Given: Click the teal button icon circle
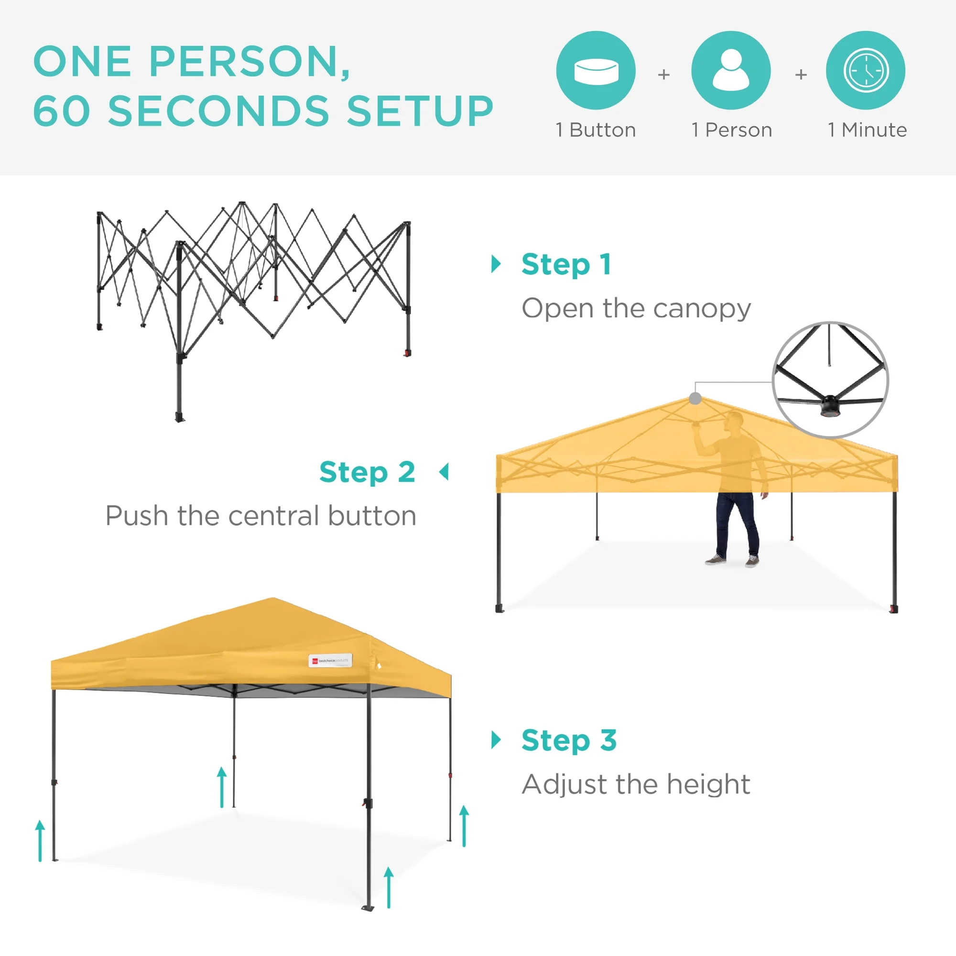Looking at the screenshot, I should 596,70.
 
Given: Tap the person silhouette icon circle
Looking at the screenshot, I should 731,70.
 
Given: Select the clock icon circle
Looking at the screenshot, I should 866,70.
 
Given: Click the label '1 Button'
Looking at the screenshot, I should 596,130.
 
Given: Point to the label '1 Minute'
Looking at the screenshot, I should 868,130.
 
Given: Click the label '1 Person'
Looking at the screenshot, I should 731,130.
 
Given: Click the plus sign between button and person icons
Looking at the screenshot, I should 663,75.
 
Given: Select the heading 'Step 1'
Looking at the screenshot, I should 566,265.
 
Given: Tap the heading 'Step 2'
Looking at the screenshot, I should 367,472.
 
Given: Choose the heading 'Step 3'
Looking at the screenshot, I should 569,740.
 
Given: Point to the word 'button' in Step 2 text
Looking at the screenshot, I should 371,516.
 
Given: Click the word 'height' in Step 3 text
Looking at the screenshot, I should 708,784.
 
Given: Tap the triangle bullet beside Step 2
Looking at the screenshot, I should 445,472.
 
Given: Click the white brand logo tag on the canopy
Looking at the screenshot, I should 330,661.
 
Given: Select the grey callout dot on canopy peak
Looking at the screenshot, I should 695,398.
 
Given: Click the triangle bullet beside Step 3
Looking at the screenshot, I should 496,740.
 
